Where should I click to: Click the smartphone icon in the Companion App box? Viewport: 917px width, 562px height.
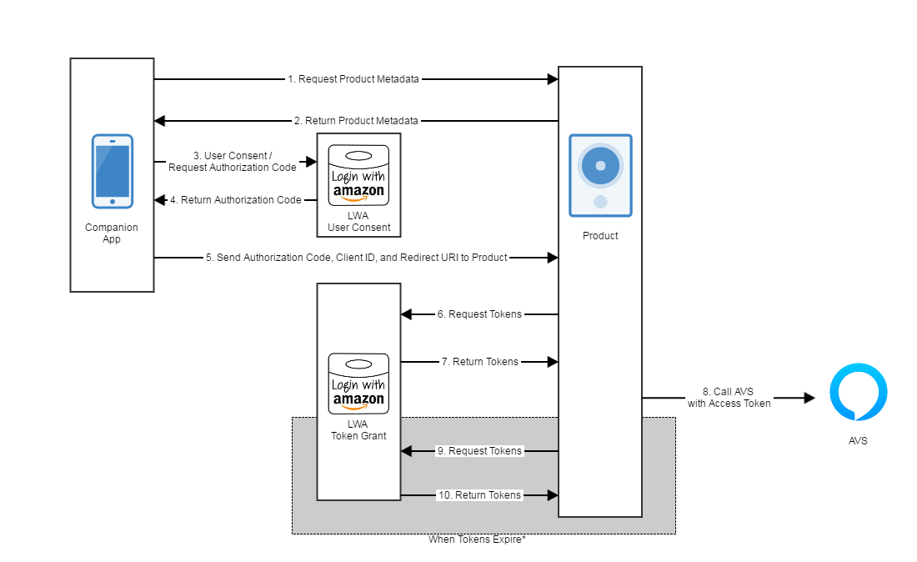coord(112,171)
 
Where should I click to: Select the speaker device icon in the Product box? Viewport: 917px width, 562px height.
coord(600,175)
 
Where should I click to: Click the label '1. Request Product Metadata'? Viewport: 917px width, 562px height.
coord(353,79)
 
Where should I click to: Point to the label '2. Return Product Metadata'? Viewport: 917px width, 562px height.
coord(356,121)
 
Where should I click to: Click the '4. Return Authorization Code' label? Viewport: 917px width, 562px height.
coord(236,200)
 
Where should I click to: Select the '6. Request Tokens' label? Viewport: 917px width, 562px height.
coord(479,314)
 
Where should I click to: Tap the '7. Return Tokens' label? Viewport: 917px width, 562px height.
coord(479,362)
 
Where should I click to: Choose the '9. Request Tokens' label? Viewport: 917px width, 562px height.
coord(479,451)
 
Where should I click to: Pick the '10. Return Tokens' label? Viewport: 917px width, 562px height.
coord(479,495)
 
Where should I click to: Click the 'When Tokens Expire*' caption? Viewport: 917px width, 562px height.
coord(477,539)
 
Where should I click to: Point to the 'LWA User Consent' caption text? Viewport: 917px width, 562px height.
coord(358,222)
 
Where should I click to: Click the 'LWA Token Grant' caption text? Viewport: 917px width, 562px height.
coord(358,430)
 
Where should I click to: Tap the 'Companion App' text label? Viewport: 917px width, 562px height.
coord(112,233)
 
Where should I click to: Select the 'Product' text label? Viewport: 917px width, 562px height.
coord(600,236)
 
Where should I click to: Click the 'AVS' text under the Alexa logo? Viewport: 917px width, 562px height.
coord(858,440)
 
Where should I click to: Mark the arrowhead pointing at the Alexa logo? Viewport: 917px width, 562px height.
coord(809,399)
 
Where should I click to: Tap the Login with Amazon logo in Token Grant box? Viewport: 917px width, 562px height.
coord(358,384)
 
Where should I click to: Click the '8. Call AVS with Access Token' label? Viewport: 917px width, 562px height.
coord(729,398)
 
